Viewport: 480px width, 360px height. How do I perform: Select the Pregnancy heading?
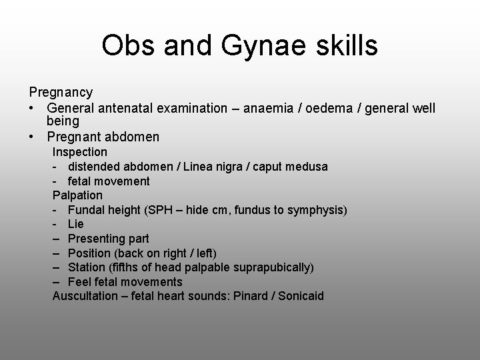click(61, 92)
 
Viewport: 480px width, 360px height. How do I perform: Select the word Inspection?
click(80, 152)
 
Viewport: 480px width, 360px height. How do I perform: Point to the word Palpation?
click(78, 195)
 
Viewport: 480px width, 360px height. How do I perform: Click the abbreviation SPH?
click(158, 210)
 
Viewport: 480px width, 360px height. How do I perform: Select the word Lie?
click(75, 224)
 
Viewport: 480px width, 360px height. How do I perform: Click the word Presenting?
click(94, 239)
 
